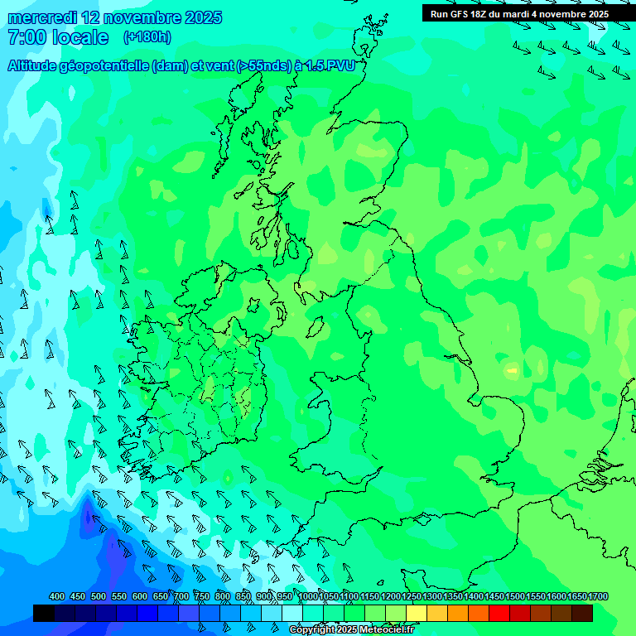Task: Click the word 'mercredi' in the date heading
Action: [41, 17]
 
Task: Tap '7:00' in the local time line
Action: [26, 37]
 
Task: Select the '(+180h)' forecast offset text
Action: [147, 36]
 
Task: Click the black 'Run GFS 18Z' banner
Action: [519, 13]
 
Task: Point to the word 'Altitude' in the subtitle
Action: [38, 66]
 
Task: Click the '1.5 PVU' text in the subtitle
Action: [330, 66]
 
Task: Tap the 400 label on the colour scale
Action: [57, 596]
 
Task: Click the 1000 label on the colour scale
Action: [308, 596]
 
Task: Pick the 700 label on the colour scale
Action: [181, 596]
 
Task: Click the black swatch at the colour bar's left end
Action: [44, 613]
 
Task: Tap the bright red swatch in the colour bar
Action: [499, 613]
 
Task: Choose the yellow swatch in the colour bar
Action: [417, 613]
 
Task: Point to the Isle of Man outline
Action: [316, 327]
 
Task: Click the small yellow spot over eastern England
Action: [512, 369]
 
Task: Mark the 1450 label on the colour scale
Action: [494, 596]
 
